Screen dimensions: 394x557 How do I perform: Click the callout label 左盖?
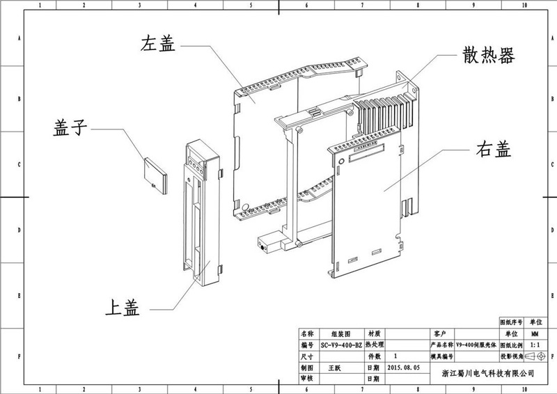tap(159, 44)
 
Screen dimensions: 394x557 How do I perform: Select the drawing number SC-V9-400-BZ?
tap(341, 345)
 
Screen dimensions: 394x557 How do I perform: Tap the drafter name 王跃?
tap(336, 366)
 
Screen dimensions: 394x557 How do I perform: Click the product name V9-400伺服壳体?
tap(476, 345)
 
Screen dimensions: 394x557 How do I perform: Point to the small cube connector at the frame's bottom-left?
tap(265, 246)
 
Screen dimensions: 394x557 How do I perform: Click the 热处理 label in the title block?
tap(374, 345)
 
